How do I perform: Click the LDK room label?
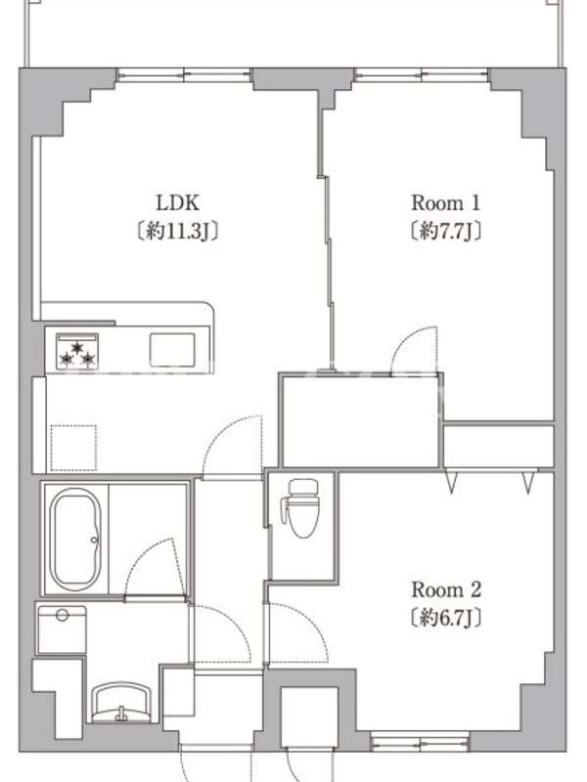(x=178, y=203)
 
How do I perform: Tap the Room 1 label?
(x=445, y=203)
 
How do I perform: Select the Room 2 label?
(x=446, y=590)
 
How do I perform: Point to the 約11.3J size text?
(x=178, y=231)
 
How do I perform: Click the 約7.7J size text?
(x=445, y=231)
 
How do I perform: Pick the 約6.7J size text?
(x=446, y=618)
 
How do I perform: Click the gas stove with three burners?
(x=77, y=351)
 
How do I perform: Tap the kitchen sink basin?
(x=172, y=350)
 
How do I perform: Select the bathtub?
(x=75, y=540)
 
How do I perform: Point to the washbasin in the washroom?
(x=122, y=702)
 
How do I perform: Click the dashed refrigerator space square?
(x=74, y=448)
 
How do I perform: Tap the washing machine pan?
(x=62, y=630)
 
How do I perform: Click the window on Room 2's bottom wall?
(x=420, y=741)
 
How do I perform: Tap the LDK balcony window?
(x=184, y=75)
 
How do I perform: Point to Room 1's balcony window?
(x=422, y=75)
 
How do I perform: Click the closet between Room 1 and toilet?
(x=360, y=420)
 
